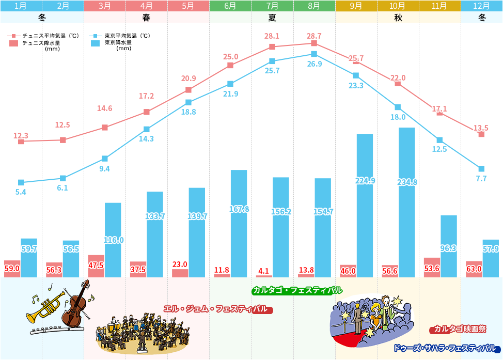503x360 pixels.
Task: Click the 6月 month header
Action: pos(230,6)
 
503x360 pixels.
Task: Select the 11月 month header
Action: pos(439,6)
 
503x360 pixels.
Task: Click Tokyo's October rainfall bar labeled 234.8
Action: pos(406,202)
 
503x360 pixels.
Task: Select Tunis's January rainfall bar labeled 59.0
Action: pos(12,269)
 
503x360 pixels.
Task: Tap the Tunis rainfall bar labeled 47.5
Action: pos(96,266)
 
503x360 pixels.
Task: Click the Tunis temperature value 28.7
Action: pos(314,36)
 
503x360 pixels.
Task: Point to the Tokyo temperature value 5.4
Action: pos(21,192)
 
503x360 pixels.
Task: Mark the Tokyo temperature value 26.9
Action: pos(314,64)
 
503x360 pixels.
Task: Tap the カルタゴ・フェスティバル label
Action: pos(297,290)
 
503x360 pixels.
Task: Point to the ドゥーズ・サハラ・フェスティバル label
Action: pos(445,348)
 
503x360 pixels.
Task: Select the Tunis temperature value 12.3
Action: pos(21,136)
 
